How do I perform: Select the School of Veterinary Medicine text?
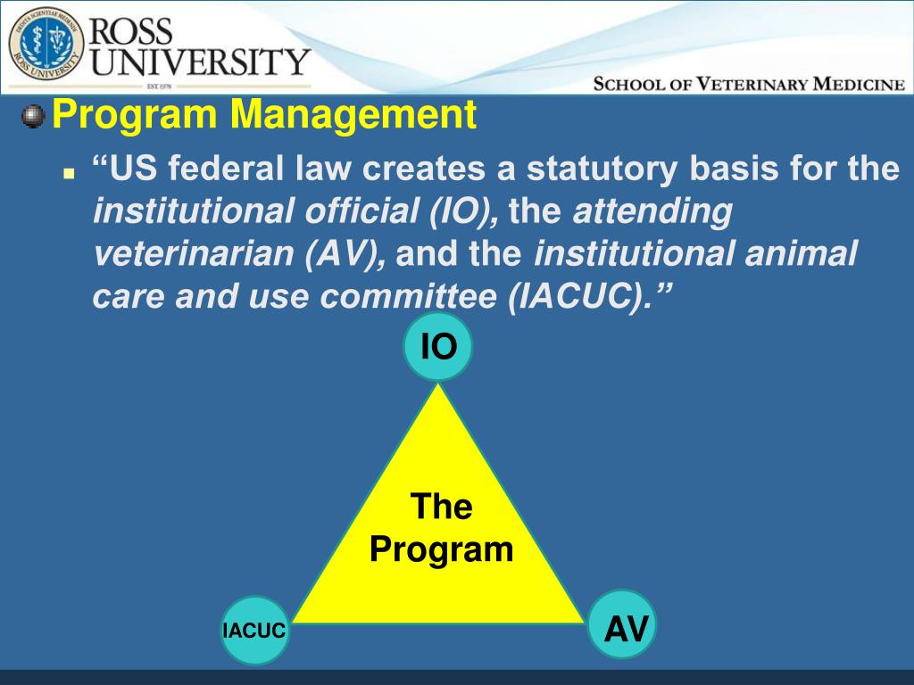click(x=749, y=85)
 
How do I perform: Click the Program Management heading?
click(x=264, y=116)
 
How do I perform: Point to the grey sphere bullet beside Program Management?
click(x=33, y=117)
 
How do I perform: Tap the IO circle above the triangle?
click(x=437, y=347)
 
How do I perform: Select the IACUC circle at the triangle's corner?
click(x=254, y=631)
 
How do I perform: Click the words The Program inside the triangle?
click(x=442, y=528)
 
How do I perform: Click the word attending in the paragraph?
click(x=651, y=212)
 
